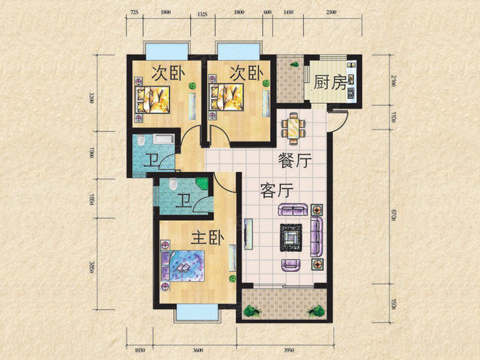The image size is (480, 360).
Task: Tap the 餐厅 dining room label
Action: pyautogui.click(x=295, y=160)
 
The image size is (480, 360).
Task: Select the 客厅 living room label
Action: pyautogui.click(x=277, y=190)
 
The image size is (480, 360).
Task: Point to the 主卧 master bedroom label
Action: pyautogui.click(x=208, y=238)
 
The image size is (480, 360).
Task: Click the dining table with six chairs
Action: pyautogui.click(x=294, y=128)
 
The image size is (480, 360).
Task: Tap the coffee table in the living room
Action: pyautogui.click(x=292, y=238)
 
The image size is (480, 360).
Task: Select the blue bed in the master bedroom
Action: pyautogui.click(x=183, y=266)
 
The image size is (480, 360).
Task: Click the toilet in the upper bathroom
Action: pyautogui.click(x=141, y=140)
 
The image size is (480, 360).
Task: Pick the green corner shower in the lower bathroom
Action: pyautogui.click(x=202, y=184)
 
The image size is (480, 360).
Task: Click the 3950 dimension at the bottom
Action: pyautogui.click(x=289, y=350)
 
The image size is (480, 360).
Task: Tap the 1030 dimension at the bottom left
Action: pyautogui.click(x=140, y=350)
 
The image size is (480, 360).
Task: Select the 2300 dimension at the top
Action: pyautogui.click(x=331, y=12)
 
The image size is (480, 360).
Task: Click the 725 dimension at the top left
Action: pyautogui.click(x=134, y=12)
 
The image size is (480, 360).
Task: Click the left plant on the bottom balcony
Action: pyautogui.click(x=252, y=311)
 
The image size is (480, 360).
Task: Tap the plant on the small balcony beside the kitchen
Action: pyautogui.click(x=295, y=64)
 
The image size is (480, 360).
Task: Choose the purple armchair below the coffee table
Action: pyautogui.click(x=291, y=265)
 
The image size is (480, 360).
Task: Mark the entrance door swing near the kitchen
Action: pyautogui.click(x=339, y=121)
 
